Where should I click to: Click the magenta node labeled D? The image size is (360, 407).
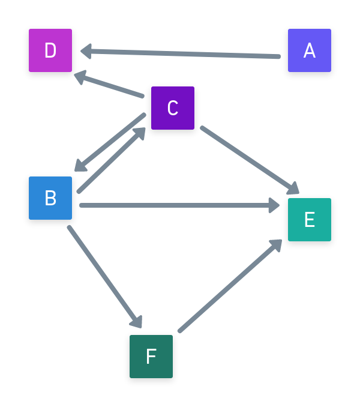pyautogui.click(x=50, y=50)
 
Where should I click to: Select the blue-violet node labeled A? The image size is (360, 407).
pyautogui.click(x=310, y=50)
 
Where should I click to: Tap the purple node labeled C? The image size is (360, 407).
pyautogui.click(x=173, y=108)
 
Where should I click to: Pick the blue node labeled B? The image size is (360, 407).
pyautogui.click(x=50, y=198)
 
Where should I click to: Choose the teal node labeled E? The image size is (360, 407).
pyautogui.click(x=310, y=220)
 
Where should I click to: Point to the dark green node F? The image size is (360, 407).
pyautogui.click(x=151, y=357)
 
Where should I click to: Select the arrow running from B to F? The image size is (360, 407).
pyautogui.click(x=103, y=274)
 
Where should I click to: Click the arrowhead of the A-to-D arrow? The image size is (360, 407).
pyautogui.click(x=86, y=51)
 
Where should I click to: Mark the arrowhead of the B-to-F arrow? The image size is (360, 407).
pyautogui.click(x=137, y=321)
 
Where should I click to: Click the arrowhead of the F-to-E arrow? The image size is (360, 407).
pyautogui.click(x=275, y=245)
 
